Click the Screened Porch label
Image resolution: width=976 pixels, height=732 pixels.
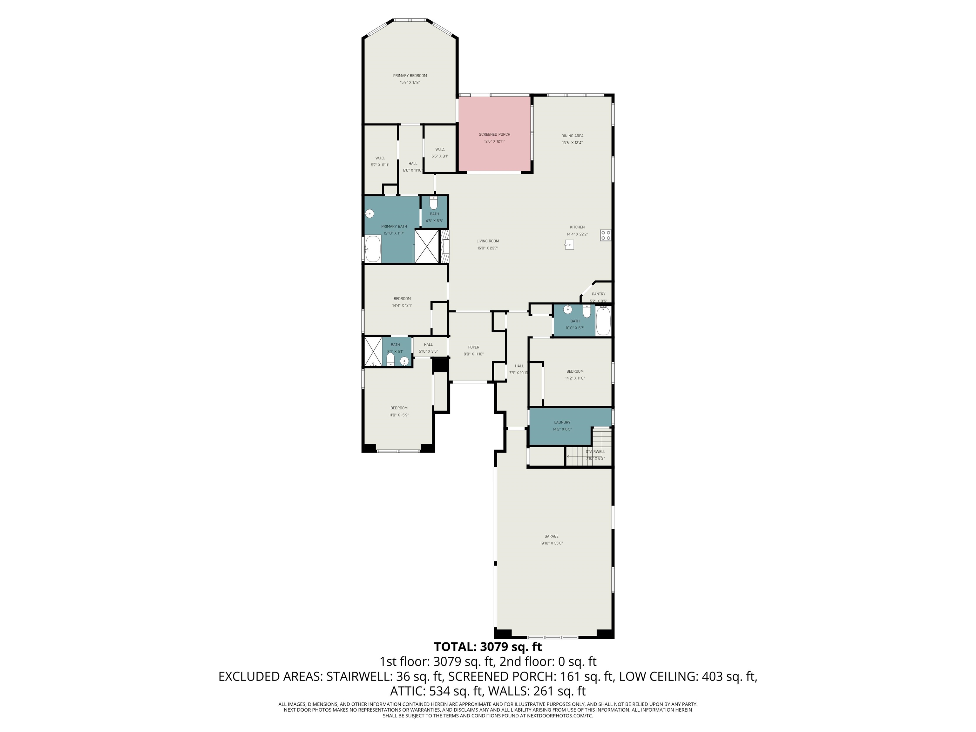(x=494, y=134)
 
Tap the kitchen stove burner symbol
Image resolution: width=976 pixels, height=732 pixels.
(x=605, y=235)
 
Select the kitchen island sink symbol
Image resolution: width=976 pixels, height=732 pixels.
(x=569, y=244)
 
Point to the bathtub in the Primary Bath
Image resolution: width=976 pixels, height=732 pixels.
(x=373, y=249)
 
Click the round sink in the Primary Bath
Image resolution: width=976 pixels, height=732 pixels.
(x=369, y=213)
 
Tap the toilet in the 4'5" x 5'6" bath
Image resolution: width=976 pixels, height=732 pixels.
(x=434, y=204)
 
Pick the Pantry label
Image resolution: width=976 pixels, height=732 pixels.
(x=598, y=294)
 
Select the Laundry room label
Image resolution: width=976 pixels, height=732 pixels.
(x=562, y=422)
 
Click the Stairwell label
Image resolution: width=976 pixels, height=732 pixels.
(x=595, y=451)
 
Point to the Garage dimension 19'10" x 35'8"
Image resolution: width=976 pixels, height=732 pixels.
(x=551, y=543)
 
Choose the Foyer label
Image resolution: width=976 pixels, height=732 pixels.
(x=473, y=347)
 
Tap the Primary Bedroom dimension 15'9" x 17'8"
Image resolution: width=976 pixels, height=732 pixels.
(x=410, y=83)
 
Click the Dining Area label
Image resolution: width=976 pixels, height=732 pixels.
(x=572, y=136)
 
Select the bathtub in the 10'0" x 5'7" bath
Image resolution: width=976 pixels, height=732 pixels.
(x=603, y=321)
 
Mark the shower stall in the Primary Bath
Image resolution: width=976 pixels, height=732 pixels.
(x=427, y=247)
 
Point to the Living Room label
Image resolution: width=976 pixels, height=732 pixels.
(x=488, y=241)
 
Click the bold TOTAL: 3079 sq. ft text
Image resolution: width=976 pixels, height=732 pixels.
(x=488, y=647)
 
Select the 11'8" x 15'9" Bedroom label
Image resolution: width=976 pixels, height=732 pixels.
(x=399, y=408)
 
